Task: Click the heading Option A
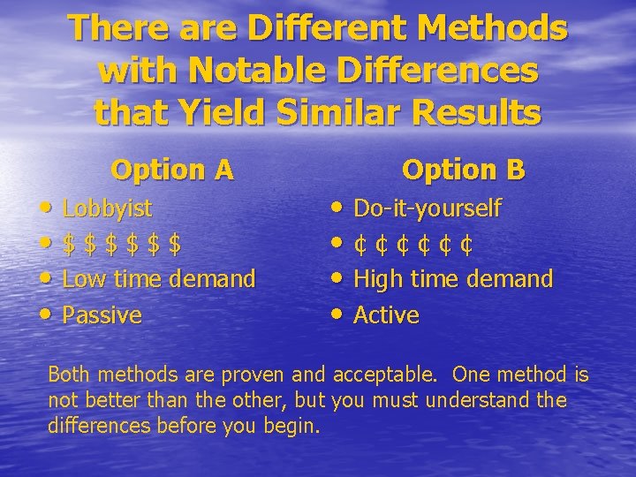pos(172,169)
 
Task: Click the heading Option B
pos(464,169)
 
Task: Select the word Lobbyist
pos(107,209)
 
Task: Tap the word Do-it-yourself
pos(427,209)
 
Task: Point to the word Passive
pos(102,315)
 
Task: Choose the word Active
pos(386,315)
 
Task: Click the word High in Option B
pos(377,280)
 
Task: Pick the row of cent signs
pos(413,245)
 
